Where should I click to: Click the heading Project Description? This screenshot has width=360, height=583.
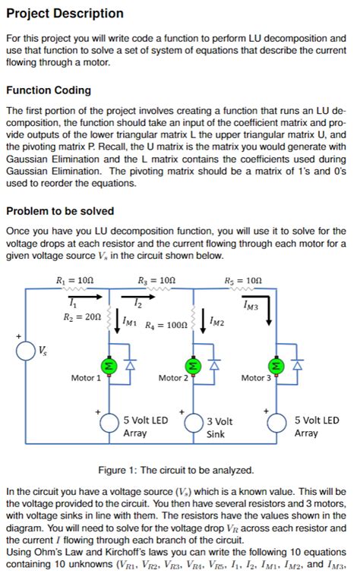65,13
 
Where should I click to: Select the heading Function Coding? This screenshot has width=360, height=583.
49,90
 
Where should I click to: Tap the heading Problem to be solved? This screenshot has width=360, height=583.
60,210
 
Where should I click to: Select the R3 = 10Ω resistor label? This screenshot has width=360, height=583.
156,280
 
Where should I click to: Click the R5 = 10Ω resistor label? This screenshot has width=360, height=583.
243,280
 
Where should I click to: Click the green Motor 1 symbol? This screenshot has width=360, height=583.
109,365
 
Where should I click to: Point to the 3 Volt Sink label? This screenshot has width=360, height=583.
220,427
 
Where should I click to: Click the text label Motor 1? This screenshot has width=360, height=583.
86,377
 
